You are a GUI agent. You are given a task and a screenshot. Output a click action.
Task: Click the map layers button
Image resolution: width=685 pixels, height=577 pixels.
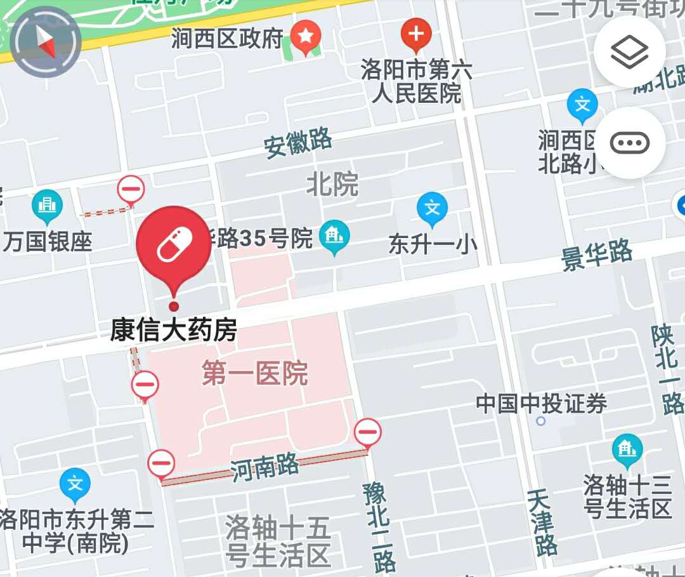click(x=629, y=52)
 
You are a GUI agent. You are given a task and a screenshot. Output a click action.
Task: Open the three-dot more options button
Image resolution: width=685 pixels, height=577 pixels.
click(x=629, y=143)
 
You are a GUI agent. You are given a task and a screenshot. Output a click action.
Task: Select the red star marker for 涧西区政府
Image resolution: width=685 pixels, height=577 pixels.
click(x=306, y=37)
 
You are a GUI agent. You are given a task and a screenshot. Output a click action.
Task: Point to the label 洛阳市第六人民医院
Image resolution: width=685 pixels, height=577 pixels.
click(x=417, y=82)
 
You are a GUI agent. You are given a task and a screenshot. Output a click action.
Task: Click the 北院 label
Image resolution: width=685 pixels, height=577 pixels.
click(x=332, y=184)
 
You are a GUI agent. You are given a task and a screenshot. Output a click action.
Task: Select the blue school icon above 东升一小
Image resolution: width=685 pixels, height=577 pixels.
click(x=432, y=209)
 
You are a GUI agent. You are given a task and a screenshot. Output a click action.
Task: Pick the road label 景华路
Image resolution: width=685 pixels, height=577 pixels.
click(x=597, y=255)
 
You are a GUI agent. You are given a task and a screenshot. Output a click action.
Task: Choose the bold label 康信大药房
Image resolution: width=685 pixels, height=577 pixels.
click(x=174, y=331)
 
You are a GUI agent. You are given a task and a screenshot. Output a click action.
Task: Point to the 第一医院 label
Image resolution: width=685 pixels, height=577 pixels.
click(x=255, y=373)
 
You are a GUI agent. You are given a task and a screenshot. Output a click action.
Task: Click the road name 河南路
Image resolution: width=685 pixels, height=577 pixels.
click(x=264, y=468)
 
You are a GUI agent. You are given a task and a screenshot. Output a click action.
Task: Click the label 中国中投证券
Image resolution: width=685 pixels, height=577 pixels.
click(x=541, y=404)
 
